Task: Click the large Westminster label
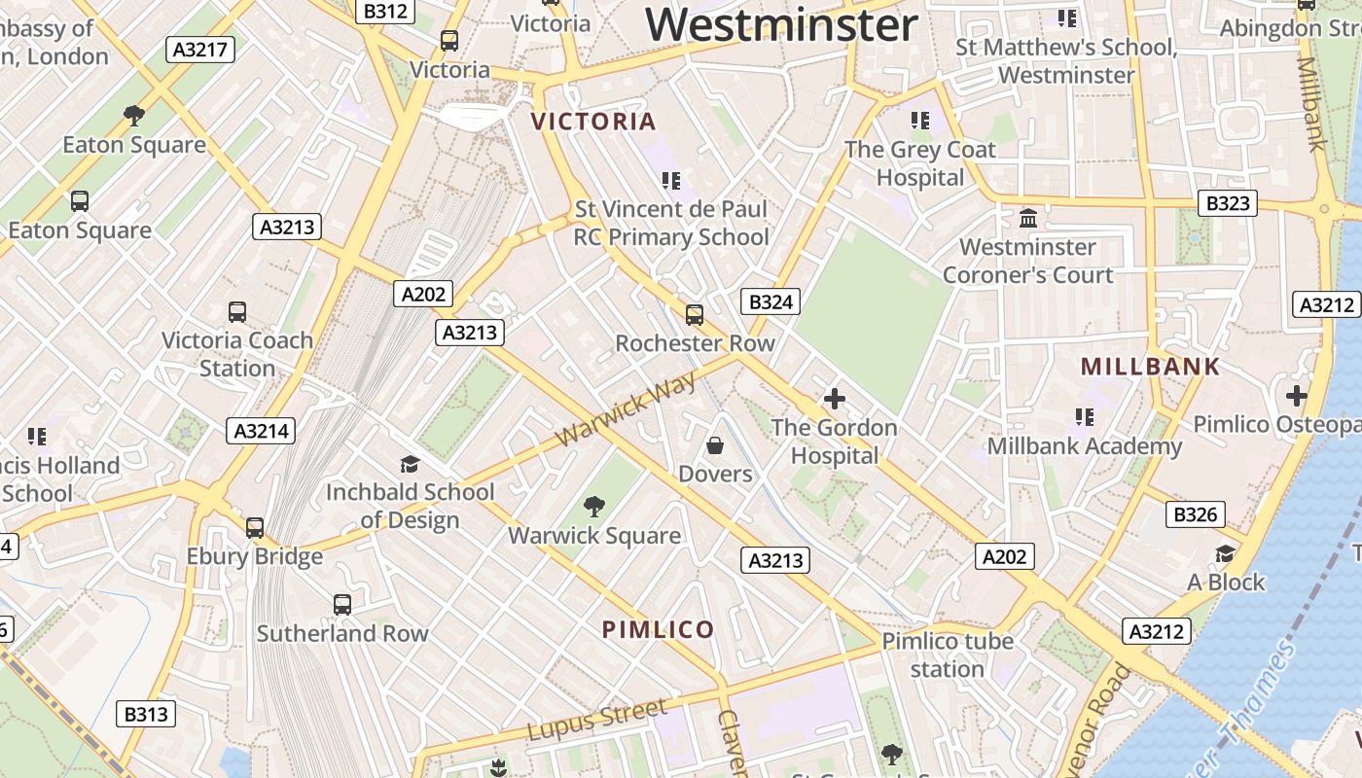pos(781,24)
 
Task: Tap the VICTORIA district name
pos(593,122)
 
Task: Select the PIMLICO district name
pos(659,629)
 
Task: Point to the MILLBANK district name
pos(1150,367)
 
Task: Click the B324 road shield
pos(771,301)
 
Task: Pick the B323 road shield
pos(1227,203)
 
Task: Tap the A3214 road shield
pos(261,431)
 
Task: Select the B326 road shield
pos(1196,514)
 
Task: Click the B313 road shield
pos(146,714)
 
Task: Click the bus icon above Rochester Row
pos(695,314)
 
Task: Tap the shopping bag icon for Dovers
pos(715,445)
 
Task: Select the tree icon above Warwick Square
pos(593,506)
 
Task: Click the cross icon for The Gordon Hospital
pos(834,399)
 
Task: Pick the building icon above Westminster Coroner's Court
pos(1027,218)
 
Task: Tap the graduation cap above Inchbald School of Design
pos(410,464)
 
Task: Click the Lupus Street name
pos(597,719)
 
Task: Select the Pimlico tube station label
pos(948,654)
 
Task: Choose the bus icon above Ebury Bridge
pos(255,527)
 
